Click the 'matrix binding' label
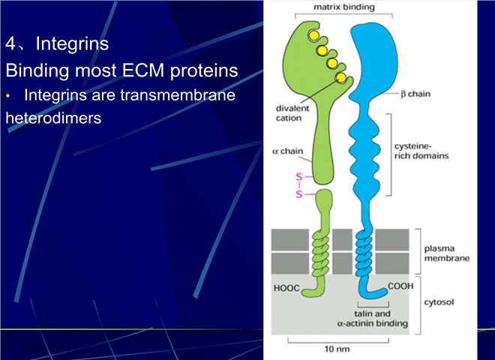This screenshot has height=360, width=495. point(344,7)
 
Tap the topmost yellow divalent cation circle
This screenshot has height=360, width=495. point(313,36)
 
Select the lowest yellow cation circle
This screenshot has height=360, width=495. point(341,77)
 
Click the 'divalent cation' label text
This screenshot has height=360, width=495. point(292,113)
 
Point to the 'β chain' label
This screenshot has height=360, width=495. point(415,94)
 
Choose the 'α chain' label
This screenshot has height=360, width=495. point(287,151)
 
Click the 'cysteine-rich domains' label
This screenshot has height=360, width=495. point(421,151)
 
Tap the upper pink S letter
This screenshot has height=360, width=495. point(298,177)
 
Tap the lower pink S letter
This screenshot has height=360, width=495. point(298,194)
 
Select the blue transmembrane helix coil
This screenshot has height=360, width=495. point(364,252)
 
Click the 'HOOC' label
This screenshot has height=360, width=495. point(286,288)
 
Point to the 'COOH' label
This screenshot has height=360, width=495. point(400,286)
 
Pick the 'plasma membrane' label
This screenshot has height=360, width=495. point(447,253)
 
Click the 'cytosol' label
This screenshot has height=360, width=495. point(439,302)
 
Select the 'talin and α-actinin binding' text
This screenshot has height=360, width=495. point(373,318)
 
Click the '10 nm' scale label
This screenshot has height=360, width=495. point(337,349)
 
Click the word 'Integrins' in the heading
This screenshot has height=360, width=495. point(72,43)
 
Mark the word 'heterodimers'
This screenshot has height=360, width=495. point(53,118)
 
